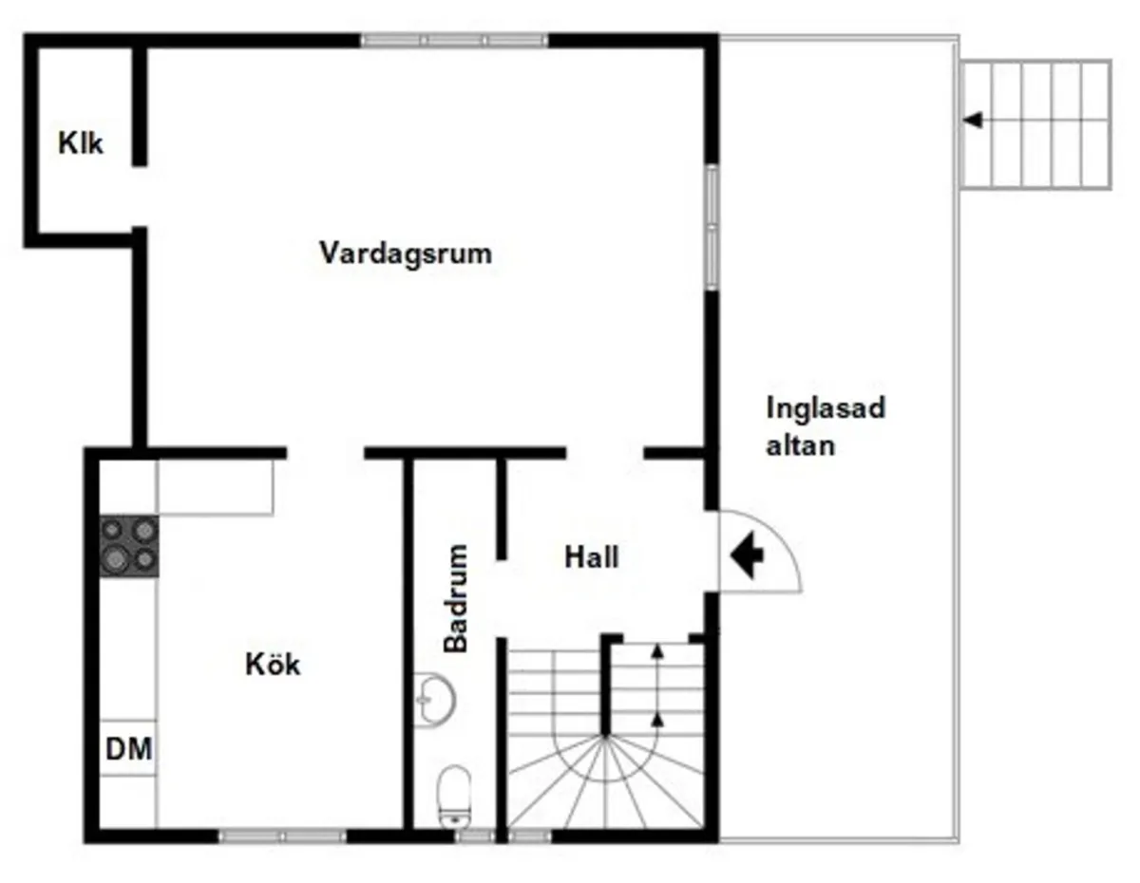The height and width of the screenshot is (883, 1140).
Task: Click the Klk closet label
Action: [x=81, y=145]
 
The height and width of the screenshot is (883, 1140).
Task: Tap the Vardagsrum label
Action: [x=406, y=254]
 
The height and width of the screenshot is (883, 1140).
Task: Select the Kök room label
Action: [x=273, y=664]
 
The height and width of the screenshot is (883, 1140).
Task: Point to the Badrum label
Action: [x=457, y=598]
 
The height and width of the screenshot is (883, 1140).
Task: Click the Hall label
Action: [x=592, y=556]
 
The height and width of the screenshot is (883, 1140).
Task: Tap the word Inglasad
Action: [x=826, y=408]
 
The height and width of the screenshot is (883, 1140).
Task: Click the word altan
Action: [x=801, y=445]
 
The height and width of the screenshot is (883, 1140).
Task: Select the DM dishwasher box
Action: [x=128, y=749]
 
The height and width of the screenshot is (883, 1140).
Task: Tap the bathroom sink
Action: [x=435, y=699]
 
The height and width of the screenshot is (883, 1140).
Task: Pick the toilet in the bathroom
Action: [x=454, y=795]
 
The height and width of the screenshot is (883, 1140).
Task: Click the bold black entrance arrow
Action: [x=747, y=555]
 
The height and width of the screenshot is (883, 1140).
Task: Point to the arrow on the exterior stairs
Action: [x=973, y=121]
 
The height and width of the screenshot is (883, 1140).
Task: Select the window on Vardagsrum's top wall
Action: [x=455, y=41]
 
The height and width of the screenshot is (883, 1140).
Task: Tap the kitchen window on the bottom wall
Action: [x=282, y=836]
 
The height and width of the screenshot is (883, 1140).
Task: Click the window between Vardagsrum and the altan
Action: [x=711, y=227]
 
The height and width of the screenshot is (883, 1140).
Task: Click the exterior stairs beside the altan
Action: [x=1035, y=124]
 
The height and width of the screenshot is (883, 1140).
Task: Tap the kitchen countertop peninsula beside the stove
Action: [x=216, y=487]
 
